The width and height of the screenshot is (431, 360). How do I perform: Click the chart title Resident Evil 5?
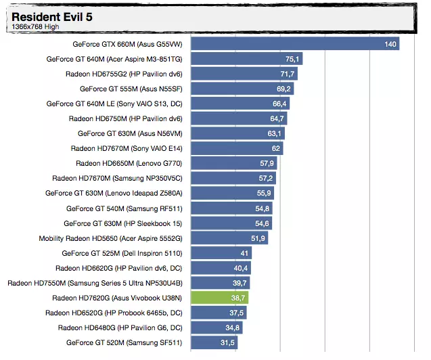pos(52,16)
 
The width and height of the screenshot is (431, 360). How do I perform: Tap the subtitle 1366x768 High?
pos(35,27)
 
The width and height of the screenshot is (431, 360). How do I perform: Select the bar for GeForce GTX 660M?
pos(294,44)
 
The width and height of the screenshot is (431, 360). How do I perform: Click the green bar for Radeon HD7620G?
pos(220,297)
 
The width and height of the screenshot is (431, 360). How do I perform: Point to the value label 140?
pos(390,44)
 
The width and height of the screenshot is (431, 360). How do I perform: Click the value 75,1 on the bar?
pos(292,59)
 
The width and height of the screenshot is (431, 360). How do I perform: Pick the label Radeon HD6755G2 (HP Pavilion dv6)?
pos(124,74)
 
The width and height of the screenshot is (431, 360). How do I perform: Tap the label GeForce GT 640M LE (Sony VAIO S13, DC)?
pos(114,104)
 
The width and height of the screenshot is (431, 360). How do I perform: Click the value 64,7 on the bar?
pos(277,118)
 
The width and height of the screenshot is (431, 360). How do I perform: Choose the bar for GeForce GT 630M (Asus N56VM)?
pos(237,133)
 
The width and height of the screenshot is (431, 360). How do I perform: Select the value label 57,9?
pos(267,163)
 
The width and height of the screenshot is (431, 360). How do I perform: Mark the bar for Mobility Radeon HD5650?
pos(229,238)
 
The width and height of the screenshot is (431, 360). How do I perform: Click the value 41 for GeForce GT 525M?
pos(244,252)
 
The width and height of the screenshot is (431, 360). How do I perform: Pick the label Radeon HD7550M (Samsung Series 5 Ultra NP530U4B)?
pos(95,282)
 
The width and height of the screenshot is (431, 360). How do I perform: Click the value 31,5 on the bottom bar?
pos(227,342)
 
